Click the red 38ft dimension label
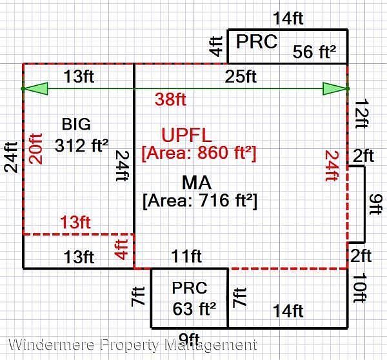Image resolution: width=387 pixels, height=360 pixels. click(170, 99)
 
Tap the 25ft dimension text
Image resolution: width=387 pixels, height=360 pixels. click(241, 76)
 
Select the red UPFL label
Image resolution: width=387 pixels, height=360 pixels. click(186, 135)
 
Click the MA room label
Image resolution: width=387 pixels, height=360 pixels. click(197, 183)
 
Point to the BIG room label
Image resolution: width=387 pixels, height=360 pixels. click(76, 124)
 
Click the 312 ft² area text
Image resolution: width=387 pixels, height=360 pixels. click(81, 145)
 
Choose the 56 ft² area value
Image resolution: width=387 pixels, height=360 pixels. click(314, 52)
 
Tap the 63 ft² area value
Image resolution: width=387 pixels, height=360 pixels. click(194, 308)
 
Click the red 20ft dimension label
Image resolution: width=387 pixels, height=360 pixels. click(35, 148)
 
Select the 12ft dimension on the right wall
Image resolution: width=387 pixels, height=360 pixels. click(362, 114)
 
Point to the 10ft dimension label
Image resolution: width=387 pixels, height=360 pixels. click(360, 288)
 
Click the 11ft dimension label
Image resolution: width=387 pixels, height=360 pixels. click(186, 256)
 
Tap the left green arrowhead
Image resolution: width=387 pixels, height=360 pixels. click(35, 88)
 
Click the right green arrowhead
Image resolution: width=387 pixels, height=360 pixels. click(335, 88)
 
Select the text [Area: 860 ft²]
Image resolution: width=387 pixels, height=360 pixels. click(199, 153)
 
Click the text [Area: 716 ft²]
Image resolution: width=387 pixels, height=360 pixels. click(200, 201)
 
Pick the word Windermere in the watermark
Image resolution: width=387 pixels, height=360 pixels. click(52, 345)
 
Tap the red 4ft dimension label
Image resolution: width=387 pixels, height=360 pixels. click(121, 250)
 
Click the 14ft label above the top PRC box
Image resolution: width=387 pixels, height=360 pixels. click(288, 18)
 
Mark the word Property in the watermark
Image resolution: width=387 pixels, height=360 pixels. click(130, 345)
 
